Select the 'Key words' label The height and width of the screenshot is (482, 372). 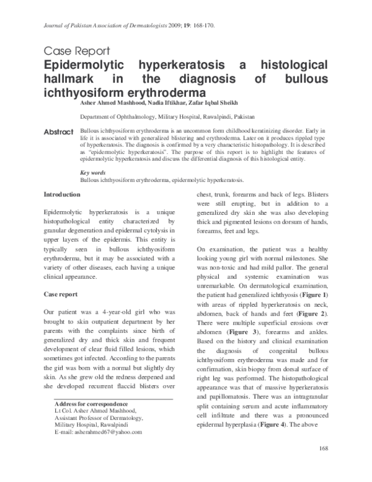[93, 171]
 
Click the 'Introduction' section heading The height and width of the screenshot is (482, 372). [61, 195]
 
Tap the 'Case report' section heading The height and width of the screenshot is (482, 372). [60, 293]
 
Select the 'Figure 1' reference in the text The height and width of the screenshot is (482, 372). [327, 294]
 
